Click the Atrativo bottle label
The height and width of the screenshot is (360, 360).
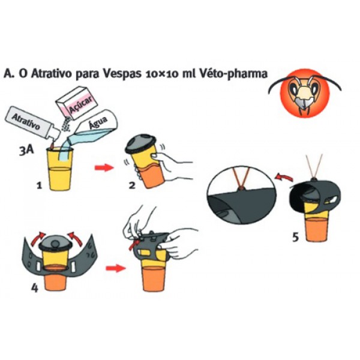26,121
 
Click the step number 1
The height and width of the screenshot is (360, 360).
40,185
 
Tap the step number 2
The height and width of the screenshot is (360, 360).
132,185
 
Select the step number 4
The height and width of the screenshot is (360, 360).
34,287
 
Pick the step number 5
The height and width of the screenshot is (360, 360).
295,237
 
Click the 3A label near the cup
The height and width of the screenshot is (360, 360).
26,151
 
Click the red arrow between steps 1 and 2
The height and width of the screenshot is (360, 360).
104,167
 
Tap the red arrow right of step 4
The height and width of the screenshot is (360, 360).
116,268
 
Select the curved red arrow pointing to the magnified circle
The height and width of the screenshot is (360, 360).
284,177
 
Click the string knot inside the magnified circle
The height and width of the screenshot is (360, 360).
241,189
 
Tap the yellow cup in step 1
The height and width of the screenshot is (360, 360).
59,169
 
